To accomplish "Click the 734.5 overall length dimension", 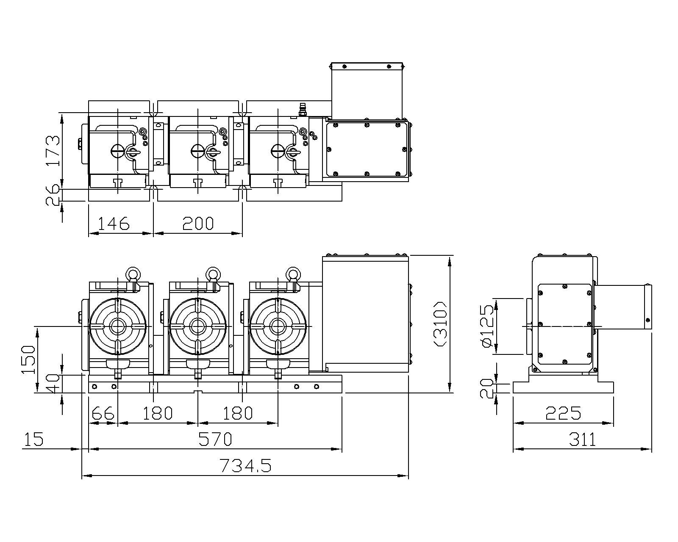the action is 245,465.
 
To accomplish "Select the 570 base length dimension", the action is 215,439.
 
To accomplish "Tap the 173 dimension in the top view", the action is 53,151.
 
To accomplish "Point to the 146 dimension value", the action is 114,223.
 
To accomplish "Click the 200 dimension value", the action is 198,223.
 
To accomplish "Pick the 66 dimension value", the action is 103,413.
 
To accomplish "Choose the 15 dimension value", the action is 34,439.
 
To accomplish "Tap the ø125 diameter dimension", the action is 487,326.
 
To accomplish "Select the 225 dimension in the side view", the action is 563,413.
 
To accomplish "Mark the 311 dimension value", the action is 583,439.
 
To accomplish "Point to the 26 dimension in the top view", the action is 53,195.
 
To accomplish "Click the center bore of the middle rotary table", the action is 197,327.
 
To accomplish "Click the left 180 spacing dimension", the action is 158,413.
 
